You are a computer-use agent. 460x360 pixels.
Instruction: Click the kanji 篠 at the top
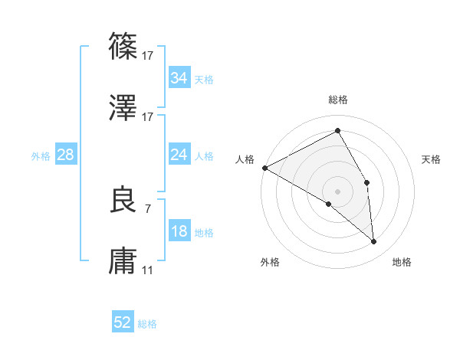coord(123,45)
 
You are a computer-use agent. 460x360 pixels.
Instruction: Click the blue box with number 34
coord(179,78)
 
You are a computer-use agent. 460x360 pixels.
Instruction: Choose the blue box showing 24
coord(179,155)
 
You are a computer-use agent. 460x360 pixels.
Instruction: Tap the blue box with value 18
coord(179,231)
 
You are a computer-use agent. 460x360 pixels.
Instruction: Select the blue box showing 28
coord(65,155)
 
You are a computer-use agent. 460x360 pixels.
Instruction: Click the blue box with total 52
coord(123,322)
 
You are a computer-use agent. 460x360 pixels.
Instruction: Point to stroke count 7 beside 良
coord(147,208)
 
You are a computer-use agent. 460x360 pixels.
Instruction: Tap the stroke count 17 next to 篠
coord(148,55)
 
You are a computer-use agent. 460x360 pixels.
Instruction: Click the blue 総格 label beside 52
coord(147,324)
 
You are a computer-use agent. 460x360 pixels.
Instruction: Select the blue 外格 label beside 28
coord(41,156)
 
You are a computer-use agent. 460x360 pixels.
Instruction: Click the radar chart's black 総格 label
coord(338,100)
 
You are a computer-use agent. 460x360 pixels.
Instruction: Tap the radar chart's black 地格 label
coord(402,263)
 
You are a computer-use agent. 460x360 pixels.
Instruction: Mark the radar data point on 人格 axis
coord(264,168)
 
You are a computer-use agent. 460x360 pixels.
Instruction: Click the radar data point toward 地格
coord(374,242)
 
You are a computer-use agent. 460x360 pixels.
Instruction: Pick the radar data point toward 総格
coord(338,131)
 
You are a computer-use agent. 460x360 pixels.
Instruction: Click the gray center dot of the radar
coord(338,191)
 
